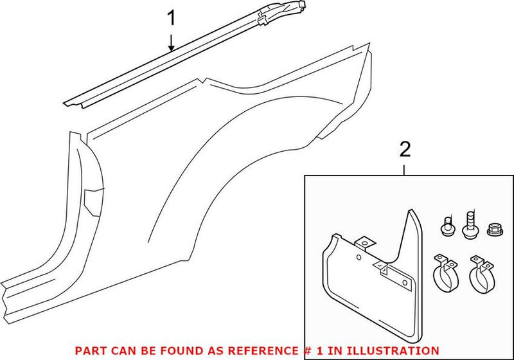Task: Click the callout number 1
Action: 171,17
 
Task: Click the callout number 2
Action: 404,150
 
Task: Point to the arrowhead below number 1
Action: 171,48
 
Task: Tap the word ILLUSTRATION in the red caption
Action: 397,350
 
